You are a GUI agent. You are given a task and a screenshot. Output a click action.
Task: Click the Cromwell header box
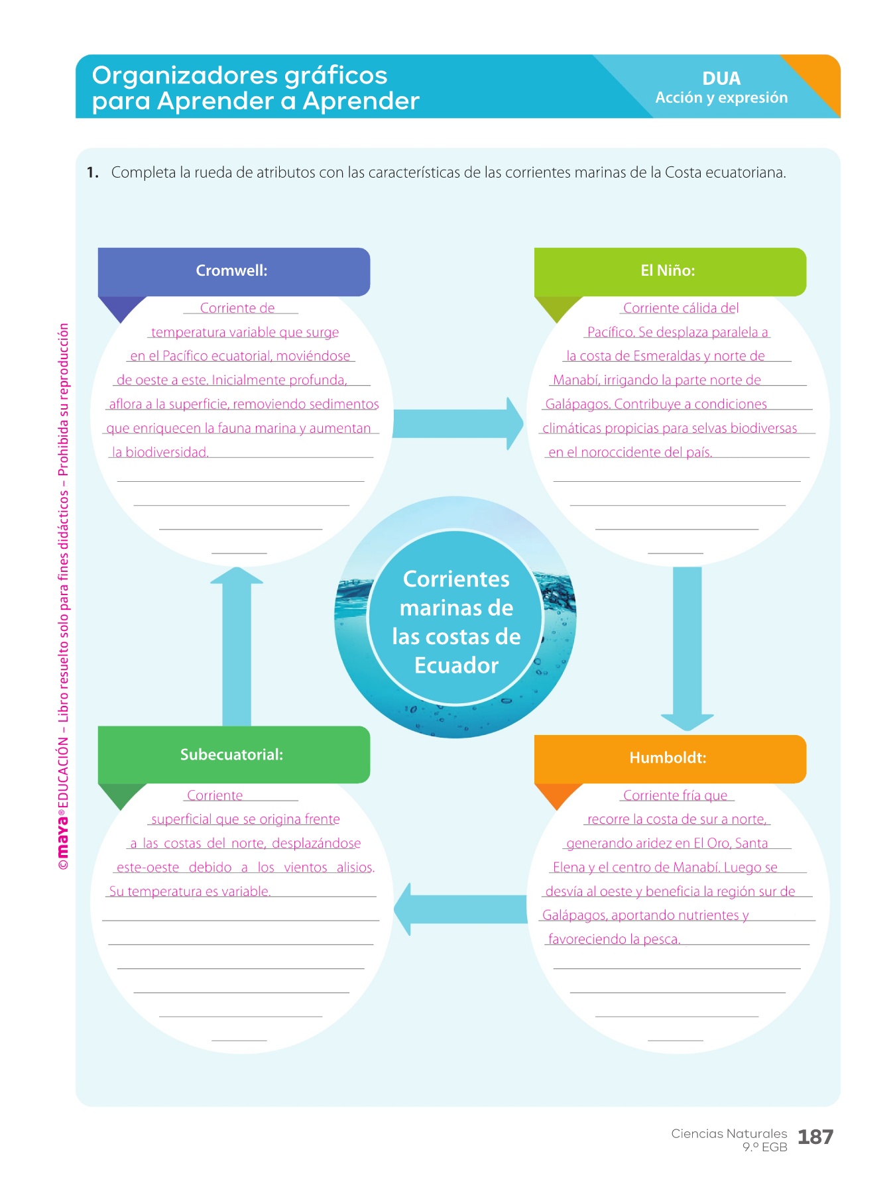(x=233, y=271)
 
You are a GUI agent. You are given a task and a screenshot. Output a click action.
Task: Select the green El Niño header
(x=670, y=271)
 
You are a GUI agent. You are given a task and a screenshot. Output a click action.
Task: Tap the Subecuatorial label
(x=231, y=755)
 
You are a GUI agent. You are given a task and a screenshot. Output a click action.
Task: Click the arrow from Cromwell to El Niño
(x=457, y=424)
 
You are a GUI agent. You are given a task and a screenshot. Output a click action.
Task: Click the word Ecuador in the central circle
(x=456, y=665)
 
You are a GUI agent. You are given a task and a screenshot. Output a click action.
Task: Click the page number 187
(x=815, y=1137)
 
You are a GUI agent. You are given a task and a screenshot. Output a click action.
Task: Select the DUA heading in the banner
(x=721, y=79)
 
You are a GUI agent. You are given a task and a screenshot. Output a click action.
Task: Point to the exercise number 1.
(x=92, y=173)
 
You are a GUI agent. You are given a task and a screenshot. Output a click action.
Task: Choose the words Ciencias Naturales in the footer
(x=729, y=1133)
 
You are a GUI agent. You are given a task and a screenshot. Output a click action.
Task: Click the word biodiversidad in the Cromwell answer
(x=167, y=453)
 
